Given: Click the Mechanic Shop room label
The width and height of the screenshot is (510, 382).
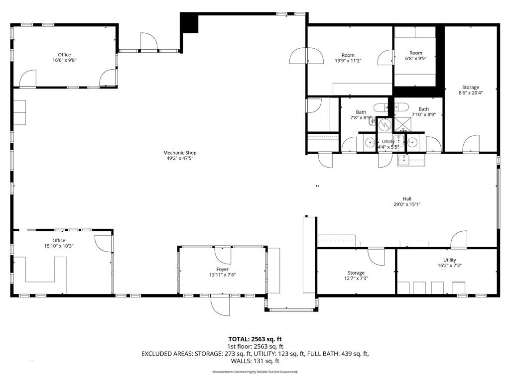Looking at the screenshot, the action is (180, 156).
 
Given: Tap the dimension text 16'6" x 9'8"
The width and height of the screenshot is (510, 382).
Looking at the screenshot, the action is (64, 60).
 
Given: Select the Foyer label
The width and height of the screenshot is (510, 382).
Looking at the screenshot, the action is (223, 269).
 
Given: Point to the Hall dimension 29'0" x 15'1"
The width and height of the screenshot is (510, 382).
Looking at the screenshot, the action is (407, 204).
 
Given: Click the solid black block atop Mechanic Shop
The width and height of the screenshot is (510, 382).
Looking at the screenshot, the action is (189, 22).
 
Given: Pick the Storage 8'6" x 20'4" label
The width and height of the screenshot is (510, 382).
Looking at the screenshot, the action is (470, 90).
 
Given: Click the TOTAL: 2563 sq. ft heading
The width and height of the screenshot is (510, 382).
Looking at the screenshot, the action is (255, 339).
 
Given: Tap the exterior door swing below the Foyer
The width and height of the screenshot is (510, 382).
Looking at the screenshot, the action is (220, 306).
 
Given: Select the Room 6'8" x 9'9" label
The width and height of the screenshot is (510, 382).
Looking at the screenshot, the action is (416, 56).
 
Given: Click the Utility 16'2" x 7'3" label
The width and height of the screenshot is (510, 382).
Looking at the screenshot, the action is (450, 263).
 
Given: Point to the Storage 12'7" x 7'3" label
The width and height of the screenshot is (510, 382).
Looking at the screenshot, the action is (356, 276).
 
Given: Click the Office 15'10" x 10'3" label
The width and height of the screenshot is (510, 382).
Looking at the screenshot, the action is (59, 243).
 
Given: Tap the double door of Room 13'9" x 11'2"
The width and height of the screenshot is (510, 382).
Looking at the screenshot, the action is (307, 56).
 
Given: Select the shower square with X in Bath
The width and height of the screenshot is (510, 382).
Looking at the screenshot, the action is (402, 125).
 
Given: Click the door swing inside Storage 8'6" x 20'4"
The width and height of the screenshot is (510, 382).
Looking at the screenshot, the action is (471, 144).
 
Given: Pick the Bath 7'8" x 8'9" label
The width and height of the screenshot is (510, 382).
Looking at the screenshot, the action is (361, 115).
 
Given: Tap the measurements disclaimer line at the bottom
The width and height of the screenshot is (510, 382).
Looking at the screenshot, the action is (255, 372).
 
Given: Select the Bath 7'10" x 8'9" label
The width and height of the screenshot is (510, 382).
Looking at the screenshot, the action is (423, 112).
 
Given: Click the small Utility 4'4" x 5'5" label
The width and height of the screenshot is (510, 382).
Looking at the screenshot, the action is (388, 144).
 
